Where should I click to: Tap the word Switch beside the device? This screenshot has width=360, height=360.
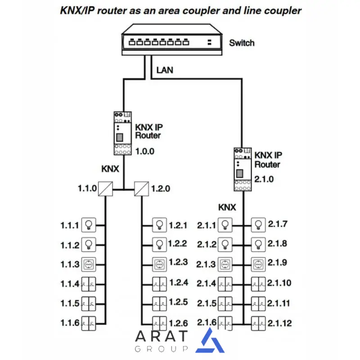pos(242,43)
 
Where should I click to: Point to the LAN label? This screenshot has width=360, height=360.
pos(165,70)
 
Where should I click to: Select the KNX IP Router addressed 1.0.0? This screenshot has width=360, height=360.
pos(122,134)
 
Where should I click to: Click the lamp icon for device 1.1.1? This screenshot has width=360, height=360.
pos(89,224)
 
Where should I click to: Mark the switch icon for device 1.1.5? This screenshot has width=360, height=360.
pos(89,303)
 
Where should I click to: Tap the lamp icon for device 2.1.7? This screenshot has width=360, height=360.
pos(257,224)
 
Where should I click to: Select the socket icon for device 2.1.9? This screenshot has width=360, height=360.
pos(257,264)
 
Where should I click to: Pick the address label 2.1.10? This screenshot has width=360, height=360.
pos(280,283)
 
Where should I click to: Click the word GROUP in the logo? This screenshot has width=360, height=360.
pos(161,349)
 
